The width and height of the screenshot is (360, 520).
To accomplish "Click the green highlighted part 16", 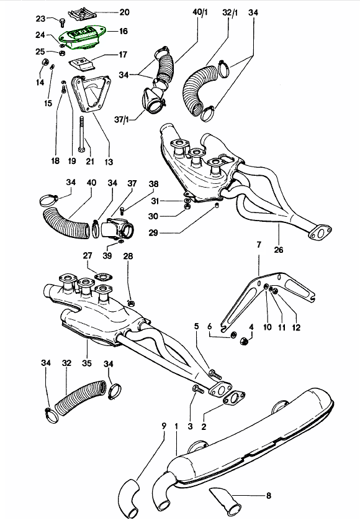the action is click(81, 38).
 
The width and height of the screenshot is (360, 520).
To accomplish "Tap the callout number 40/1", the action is click(200, 12).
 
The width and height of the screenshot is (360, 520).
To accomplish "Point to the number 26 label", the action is click(279, 249).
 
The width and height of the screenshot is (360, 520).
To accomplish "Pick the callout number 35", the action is click(87, 363).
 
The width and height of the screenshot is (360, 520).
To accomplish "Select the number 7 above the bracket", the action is click(259, 245).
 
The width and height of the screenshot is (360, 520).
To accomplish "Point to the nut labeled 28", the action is click(131, 303).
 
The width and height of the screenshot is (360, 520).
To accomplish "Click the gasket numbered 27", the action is click(103, 276).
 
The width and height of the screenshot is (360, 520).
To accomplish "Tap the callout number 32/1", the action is click(230, 12).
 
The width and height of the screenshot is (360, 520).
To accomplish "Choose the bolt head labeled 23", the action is click(62, 23).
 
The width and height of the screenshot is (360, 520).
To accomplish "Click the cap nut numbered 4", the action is click(244, 340).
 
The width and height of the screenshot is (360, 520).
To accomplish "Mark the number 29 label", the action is click(153, 233).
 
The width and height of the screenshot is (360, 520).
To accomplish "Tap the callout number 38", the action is click(154, 184).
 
